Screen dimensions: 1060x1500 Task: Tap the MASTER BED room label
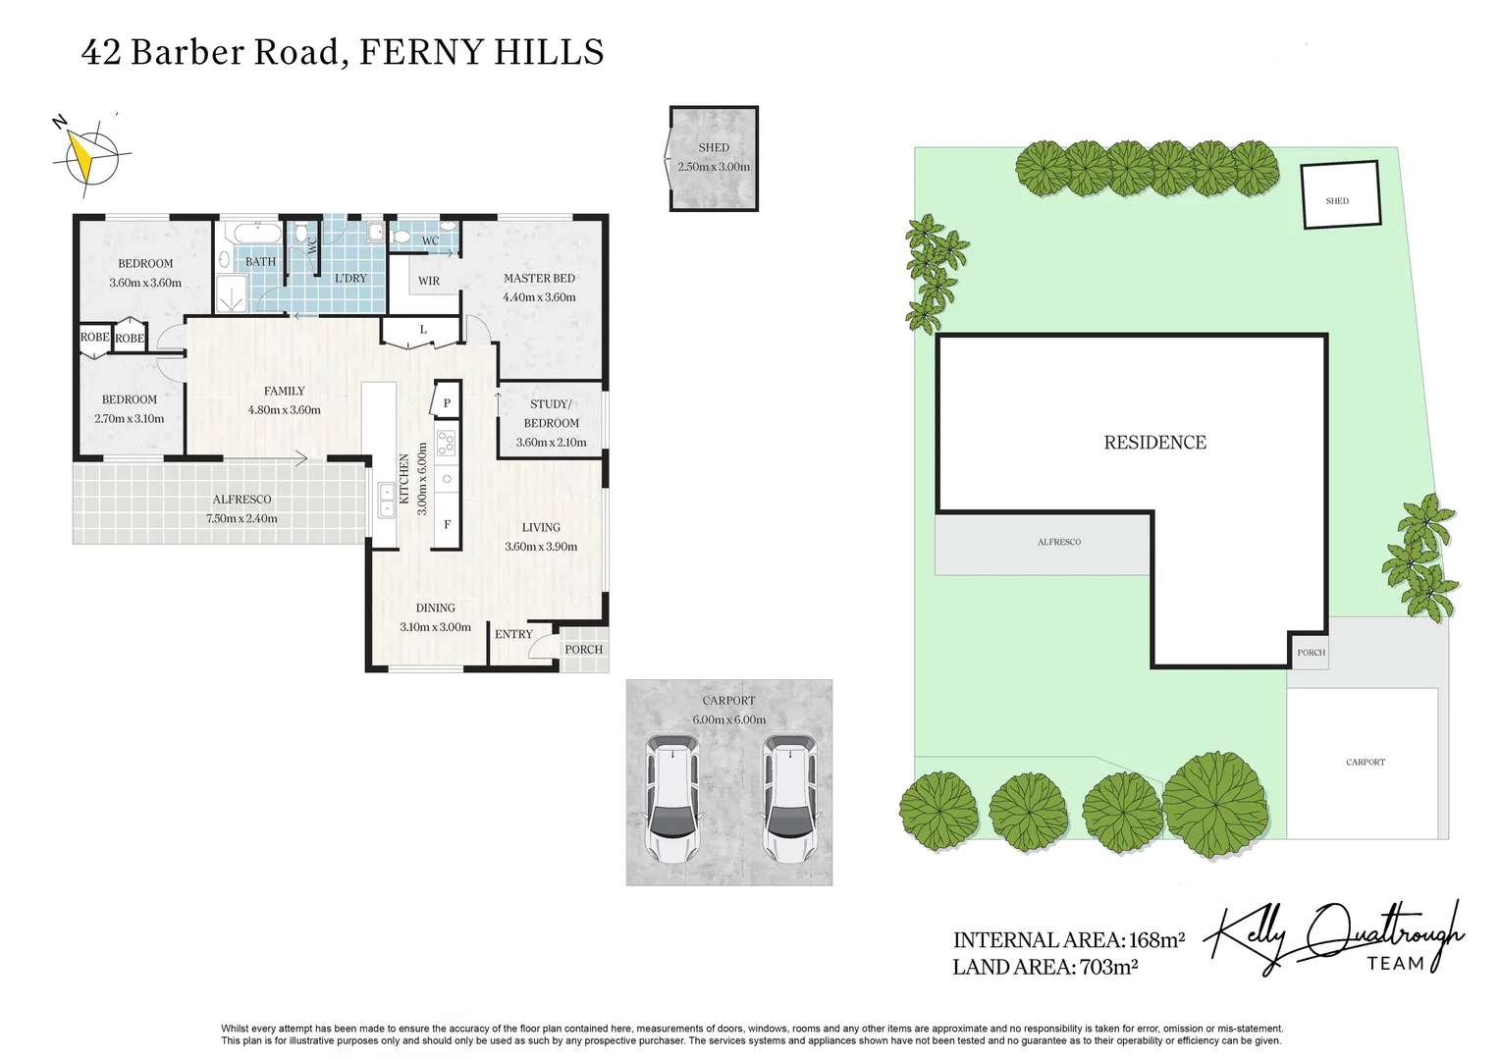[x=539, y=278]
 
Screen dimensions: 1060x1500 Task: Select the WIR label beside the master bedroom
[x=429, y=281]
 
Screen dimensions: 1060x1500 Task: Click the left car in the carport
[x=671, y=800]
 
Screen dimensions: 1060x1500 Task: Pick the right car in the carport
[x=790, y=800]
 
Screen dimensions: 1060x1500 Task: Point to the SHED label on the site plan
[x=1337, y=200]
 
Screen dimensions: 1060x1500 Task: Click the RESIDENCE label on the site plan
[x=1154, y=443]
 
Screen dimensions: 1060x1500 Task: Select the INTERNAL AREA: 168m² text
[x=1068, y=939]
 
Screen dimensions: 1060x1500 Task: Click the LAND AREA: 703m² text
[x=1045, y=967]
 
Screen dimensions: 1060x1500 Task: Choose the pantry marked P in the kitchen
[x=447, y=402]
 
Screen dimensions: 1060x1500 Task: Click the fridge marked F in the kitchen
[x=447, y=524]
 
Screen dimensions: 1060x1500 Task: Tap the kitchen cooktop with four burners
[x=446, y=444]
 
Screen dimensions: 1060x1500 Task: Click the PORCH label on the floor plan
[x=583, y=650]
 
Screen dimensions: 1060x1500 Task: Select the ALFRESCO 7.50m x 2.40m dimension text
[x=241, y=518]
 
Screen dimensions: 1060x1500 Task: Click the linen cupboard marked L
[x=423, y=330]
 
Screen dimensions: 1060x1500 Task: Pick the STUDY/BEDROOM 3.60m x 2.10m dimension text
[x=551, y=442]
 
